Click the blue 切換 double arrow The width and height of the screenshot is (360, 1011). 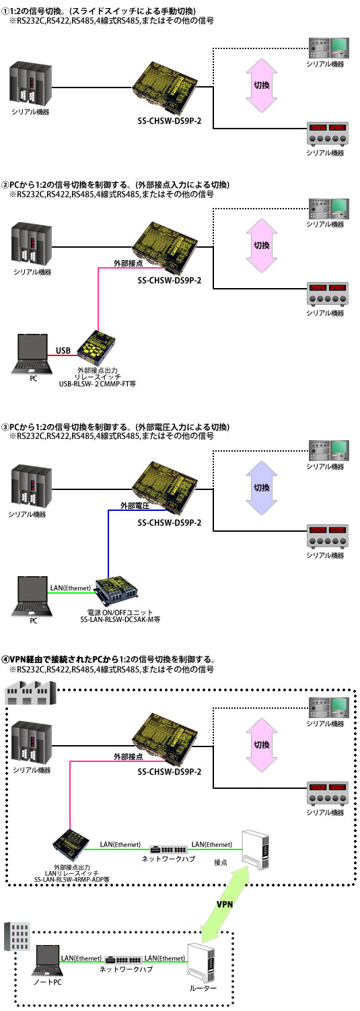pos(262,487)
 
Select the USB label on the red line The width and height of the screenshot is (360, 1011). pos(63,350)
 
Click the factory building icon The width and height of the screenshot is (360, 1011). pos(30,693)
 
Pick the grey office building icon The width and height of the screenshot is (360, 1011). pos(17,936)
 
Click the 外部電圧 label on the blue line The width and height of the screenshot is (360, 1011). pos(135,506)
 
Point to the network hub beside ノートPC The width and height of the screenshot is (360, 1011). pos(122,960)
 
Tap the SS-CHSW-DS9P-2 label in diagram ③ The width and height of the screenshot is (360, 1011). pos(169,522)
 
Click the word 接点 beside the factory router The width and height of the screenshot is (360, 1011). pos(221,862)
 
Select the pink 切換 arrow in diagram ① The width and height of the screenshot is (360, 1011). pos(262,85)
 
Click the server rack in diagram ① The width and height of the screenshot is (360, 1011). pos(31,84)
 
